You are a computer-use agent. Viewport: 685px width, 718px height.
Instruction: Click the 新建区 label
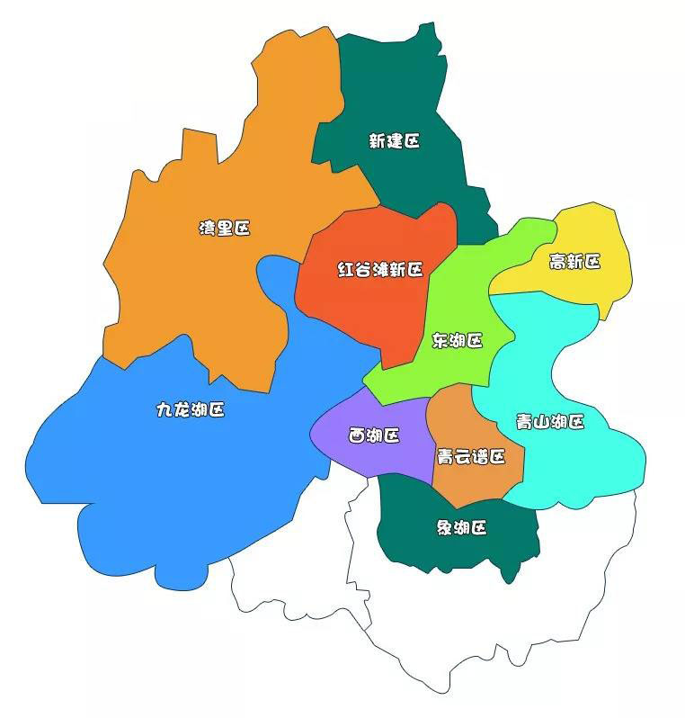pos(394,141)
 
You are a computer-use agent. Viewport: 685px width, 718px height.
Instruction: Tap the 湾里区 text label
pos(224,229)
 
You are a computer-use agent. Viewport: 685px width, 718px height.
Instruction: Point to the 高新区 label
pos(574,262)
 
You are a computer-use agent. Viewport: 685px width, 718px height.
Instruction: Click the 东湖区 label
pos(458,341)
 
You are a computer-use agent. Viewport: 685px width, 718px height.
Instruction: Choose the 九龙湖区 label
pos(191,410)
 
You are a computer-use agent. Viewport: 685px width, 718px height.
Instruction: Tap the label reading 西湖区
pos(374,436)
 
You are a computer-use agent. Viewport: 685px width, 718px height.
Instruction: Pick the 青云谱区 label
pos(469,457)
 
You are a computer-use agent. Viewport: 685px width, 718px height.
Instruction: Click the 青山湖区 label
pos(550,421)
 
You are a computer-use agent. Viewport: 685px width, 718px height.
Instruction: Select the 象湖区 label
pos(461,527)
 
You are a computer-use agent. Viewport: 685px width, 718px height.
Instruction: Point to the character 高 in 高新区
pos(557,262)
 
